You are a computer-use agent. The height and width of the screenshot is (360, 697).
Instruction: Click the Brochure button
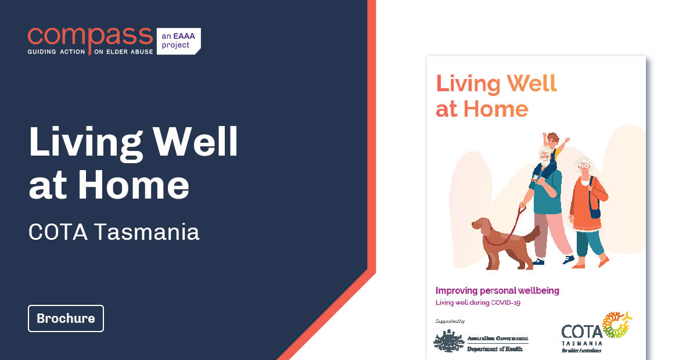66,318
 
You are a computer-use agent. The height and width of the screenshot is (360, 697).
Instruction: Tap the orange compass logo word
90,36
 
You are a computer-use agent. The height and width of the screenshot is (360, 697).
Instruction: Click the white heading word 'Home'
134,184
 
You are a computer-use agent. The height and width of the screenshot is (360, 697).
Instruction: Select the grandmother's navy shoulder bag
595,208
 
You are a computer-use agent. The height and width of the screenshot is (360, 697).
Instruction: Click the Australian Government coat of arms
448,341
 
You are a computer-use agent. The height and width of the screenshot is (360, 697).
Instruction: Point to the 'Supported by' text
450,321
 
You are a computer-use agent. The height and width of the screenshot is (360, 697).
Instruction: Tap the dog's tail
531,233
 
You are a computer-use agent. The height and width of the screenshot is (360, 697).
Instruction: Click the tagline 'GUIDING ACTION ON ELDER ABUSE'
90,52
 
